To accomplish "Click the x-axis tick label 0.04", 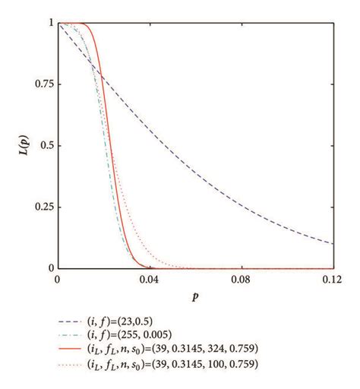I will (149, 280).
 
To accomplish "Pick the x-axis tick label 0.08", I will (241, 280).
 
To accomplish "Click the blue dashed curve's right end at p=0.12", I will (333, 243).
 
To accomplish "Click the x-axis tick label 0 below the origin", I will (58, 280).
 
